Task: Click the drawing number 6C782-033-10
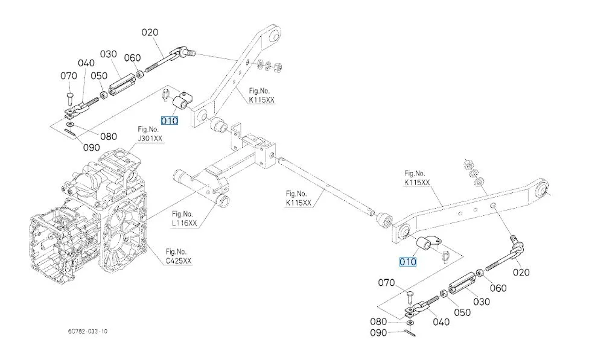pyautogui.click(x=88, y=332)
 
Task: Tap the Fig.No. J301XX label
pyautogui.click(x=150, y=134)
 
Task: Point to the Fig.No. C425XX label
pyautogui.click(x=179, y=256)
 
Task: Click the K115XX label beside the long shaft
pyautogui.click(x=299, y=198)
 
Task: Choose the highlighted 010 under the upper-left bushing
pyautogui.click(x=170, y=121)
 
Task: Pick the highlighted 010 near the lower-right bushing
pyautogui.click(x=407, y=262)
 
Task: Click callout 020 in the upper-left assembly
pyautogui.click(x=150, y=33)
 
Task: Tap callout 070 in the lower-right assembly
pyautogui.click(x=386, y=282)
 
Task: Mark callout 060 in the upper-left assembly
pyautogui.click(x=132, y=58)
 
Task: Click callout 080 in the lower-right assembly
pyautogui.click(x=387, y=321)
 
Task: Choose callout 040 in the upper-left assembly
pyautogui.click(x=86, y=63)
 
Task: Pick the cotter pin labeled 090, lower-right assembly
pyautogui.click(x=410, y=329)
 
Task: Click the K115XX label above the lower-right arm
pyautogui.click(x=417, y=178)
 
